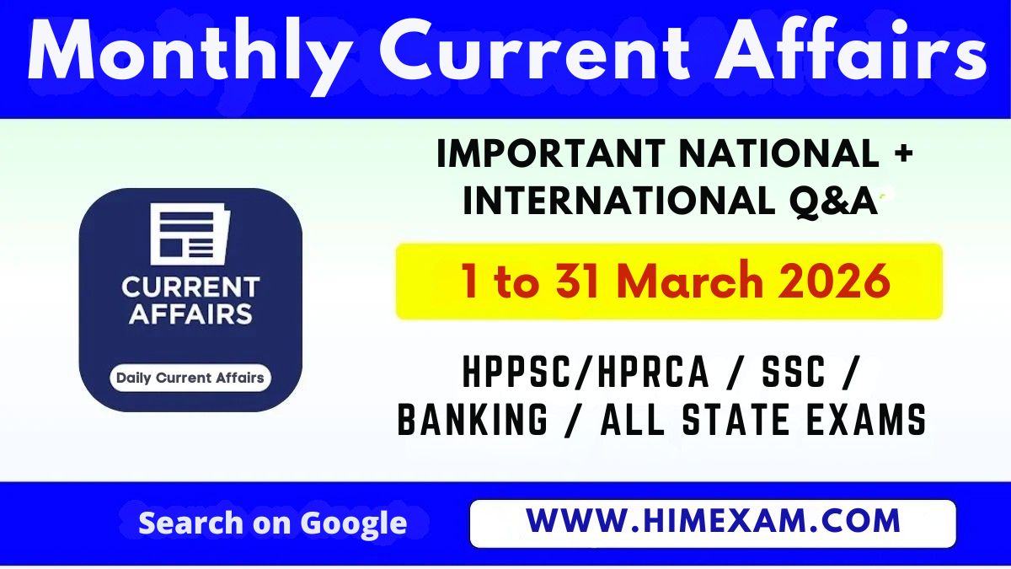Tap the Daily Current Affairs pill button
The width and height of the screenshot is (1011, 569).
(190, 378)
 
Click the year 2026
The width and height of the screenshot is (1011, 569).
(834, 282)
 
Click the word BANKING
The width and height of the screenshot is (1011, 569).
(473, 420)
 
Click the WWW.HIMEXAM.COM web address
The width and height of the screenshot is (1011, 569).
(713, 522)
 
